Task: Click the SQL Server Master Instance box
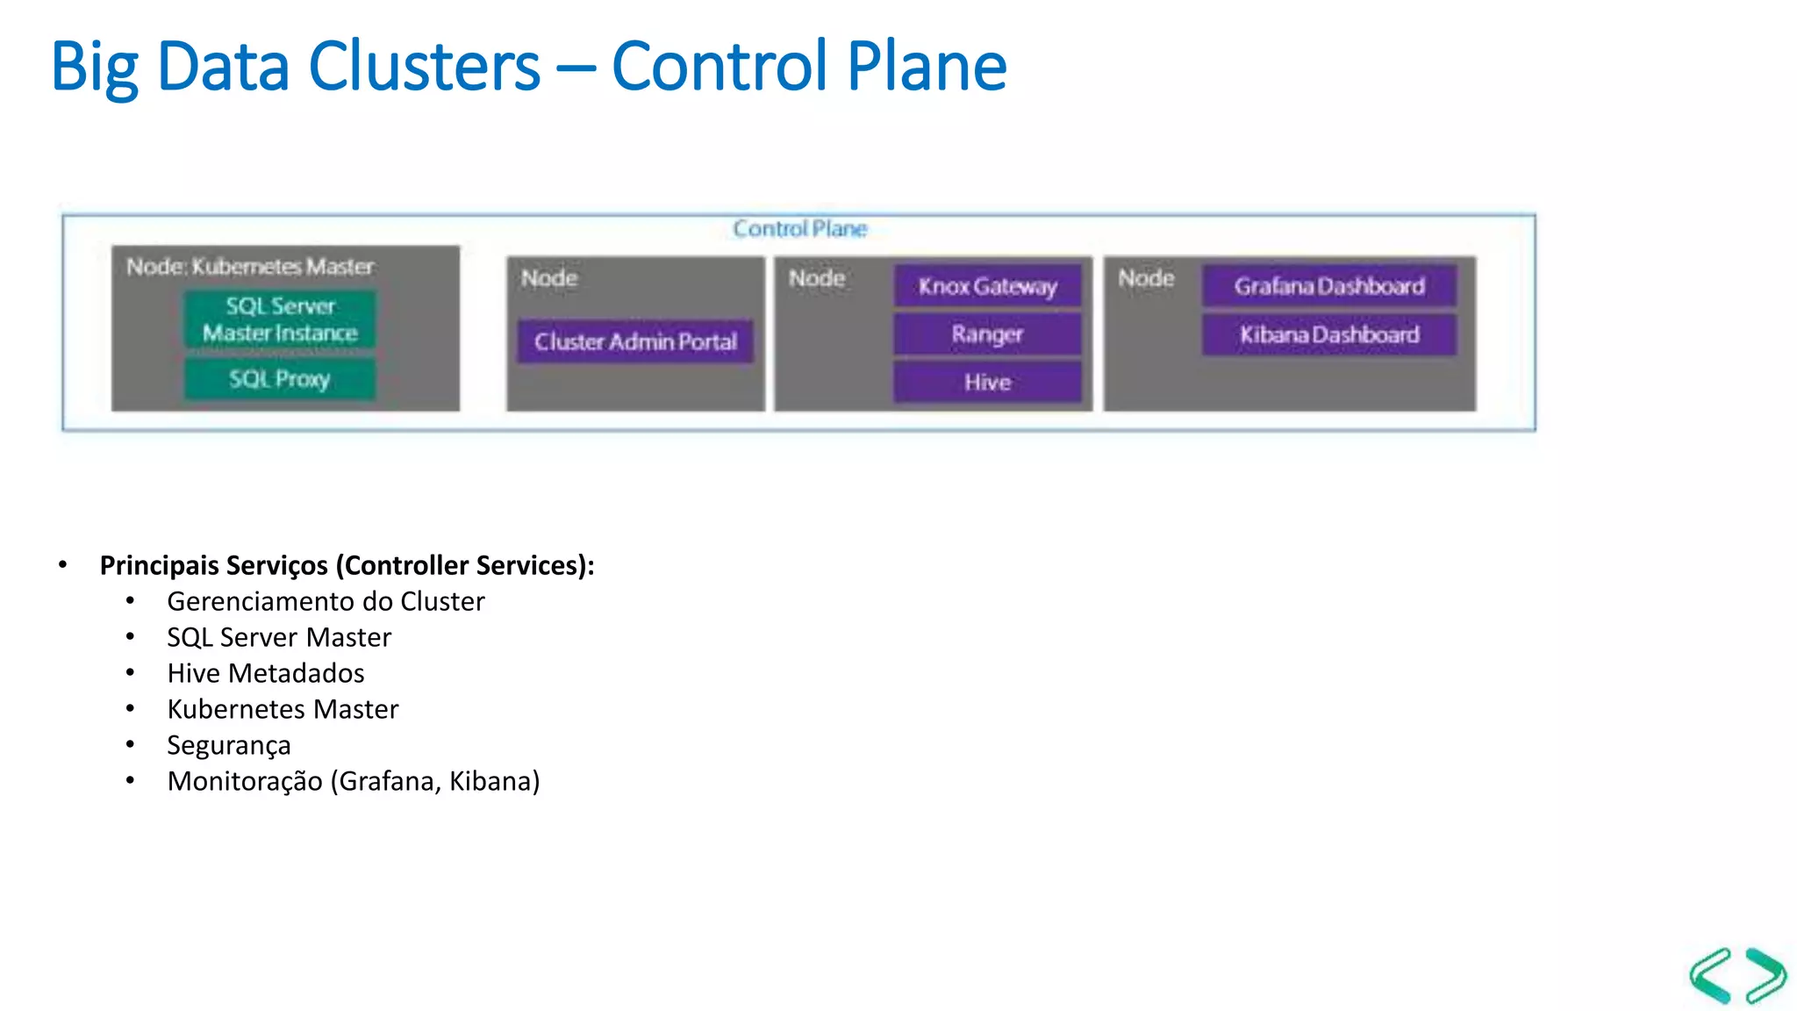[280, 319]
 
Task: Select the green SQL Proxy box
[280, 379]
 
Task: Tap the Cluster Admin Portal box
[635, 341]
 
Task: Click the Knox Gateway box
[987, 286]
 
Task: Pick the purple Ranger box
[987, 334]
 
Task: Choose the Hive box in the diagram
[987, 383]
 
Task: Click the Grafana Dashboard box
[1328, 286]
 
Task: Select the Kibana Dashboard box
[1328, 334]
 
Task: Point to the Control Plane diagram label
[799, 229]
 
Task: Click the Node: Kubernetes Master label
[250, 267]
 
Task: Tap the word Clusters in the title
[424, 67]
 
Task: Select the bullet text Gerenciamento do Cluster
[326, 602]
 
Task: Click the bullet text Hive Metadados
[266, 674]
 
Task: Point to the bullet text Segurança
[229, 746]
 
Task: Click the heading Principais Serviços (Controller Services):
[347, 566]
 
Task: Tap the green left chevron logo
[1711, 975]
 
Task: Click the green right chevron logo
[1765, 975]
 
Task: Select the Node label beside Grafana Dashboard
[1146, 278]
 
